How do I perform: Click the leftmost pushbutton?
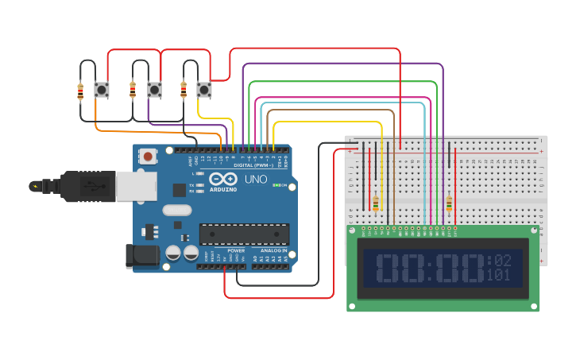pyautogui.click(x=102, y=90)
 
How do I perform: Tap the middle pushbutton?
pyautogui.click(x=154, y=90)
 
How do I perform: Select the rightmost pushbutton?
pyautogui.click(x=204, y=90)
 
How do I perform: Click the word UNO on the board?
pyautogui.click(x=255, y=179)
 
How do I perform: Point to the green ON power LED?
pyautogui.click(x=274, y=185)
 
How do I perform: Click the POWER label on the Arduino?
pyautogui.click(x=236, y=250)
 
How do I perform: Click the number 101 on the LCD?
pyautogui.click(x=498, y=276)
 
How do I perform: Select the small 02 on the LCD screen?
pyautogui.click(x=502, y=260)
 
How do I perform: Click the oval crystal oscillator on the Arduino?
pyautogui.click(x=176, y=211)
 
